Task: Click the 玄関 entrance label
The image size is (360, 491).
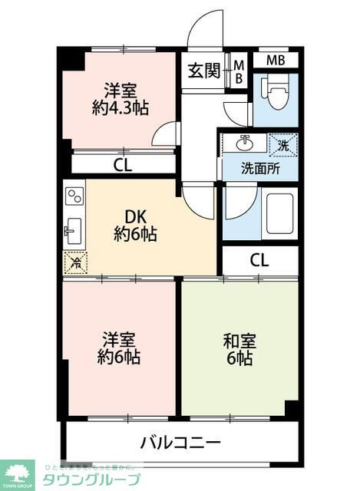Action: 203,71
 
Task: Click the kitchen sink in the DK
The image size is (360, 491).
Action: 74,229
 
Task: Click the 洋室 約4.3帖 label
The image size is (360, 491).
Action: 120,97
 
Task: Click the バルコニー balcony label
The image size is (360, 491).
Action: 181,443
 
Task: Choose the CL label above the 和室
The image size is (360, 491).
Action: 259,260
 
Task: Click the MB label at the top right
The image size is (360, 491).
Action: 275,60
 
